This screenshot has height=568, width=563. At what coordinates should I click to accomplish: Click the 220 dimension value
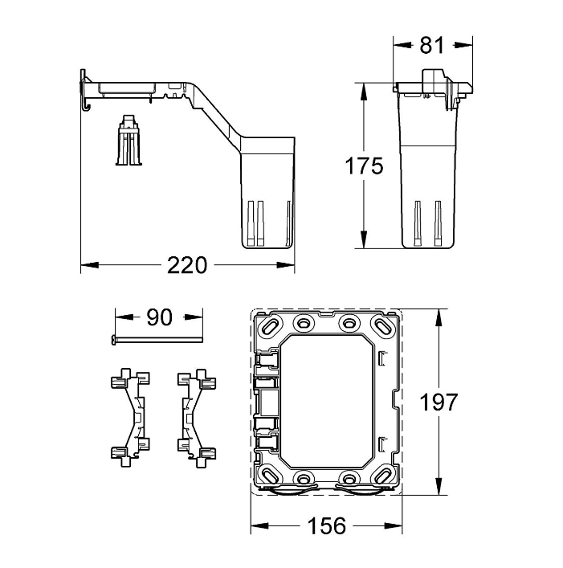[x=187, y=265]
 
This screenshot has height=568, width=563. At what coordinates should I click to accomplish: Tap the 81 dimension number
[x=432, y=45]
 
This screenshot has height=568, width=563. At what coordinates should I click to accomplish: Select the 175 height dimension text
[x=364, y=166]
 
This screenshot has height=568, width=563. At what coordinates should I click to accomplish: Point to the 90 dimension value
[x=159, y=317]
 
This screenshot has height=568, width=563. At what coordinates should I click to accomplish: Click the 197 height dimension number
[x=439, y=402]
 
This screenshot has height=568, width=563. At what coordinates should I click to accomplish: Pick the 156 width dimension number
[x=327, y=525]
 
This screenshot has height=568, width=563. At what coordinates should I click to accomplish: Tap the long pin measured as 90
[x=156, y=339]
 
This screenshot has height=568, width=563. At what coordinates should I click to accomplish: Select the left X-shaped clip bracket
[x=130, y=418]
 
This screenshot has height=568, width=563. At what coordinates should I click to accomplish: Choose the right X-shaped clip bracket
[x=197, y=418]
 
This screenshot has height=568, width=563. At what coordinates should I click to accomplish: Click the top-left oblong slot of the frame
[x=271, y=325]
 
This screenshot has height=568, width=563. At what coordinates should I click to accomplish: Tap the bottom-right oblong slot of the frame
[x=382, y=476]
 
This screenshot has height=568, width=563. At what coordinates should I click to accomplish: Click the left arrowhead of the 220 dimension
[x=89, y=265]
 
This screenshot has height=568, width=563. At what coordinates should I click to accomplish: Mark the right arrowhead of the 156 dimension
[x=394, y=525]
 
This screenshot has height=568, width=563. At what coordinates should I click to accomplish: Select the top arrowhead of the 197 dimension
[x=439, y=318]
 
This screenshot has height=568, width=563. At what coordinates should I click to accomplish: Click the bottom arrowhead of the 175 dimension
[x=364, y=239]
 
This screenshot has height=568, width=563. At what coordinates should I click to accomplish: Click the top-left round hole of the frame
[x=304, y=321]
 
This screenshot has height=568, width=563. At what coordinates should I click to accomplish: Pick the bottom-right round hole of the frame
[x=349, y=477]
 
